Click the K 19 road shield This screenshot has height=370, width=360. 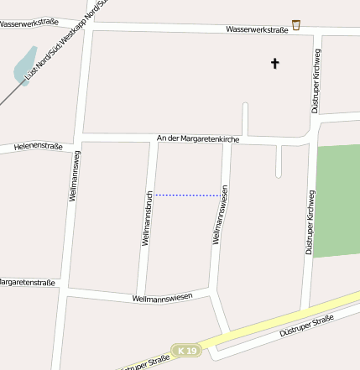pyautogui.click(x=186, y=349)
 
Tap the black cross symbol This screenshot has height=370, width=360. pyautogui.click(x=274, y=63)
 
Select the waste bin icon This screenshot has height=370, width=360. pyautogui.click(x=296, y=25)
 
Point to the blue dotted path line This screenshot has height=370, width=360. pyautogui.click(x=189, y=195)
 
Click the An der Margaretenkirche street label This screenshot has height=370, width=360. pyautogui.click(x=192, y=138)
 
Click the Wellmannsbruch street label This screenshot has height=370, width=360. pyautogui.click(x=147, y=216)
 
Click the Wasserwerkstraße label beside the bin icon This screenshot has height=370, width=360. pyautogui.click(x=257, y=29)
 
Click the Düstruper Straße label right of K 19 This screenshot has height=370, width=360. pyautogui.click(x=305, y=326)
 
